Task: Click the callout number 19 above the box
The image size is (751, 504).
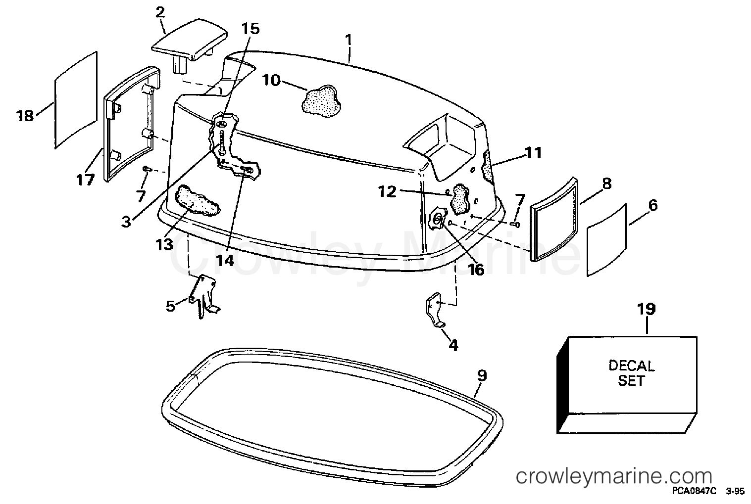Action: click(646, 309)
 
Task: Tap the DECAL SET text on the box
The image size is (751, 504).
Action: click(631, 373)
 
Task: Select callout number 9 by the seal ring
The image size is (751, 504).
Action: click(482, 375)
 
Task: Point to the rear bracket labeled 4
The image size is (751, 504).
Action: click(435, 310)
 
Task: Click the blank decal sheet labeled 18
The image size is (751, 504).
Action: click(76, 100)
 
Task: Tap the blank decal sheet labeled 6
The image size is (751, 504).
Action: click(606, 239)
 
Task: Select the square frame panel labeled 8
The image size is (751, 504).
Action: click(553, 219)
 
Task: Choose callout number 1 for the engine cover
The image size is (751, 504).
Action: click(349, 40)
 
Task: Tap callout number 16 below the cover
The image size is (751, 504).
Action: click(476, 269)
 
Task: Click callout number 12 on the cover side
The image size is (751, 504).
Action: click(387, 191)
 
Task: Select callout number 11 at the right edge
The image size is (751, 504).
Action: click(533, 153)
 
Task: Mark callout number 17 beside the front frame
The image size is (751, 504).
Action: click(85, 180)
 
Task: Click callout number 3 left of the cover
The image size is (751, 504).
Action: click(126, 222)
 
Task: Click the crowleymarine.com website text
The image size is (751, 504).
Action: click(614, 476)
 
